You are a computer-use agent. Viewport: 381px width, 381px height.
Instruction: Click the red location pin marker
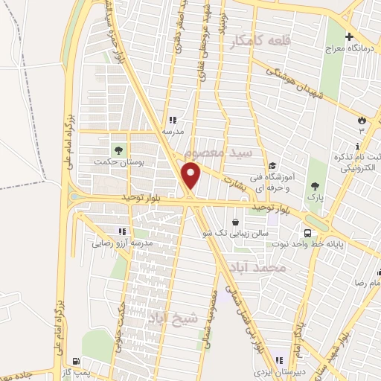192,176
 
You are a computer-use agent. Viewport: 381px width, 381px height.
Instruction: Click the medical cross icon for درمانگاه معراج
348,36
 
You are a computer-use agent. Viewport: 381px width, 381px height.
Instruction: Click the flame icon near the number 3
362,119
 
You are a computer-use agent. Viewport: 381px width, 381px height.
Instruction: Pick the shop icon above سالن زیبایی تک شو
236,222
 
